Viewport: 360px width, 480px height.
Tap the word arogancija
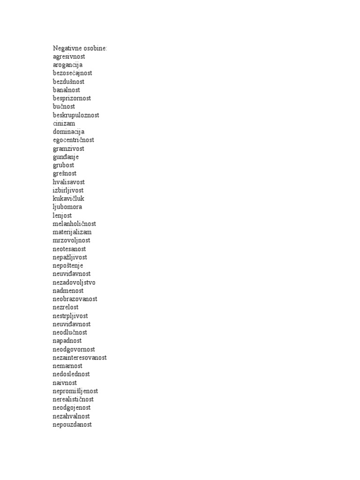coord(67,65)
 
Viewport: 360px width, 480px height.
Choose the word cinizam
coord(64,123)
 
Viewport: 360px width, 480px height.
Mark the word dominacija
coord(68,132)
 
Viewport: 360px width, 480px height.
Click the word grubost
coord(63,165)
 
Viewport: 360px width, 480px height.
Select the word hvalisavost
coord(69,182)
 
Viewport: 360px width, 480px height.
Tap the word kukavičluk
coord(68,199)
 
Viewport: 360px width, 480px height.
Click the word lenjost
coord(62,215)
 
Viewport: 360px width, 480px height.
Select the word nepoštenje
coord(68,265)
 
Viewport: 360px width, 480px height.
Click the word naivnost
coord(64,382)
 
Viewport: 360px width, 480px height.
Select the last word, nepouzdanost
coord(73,424)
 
